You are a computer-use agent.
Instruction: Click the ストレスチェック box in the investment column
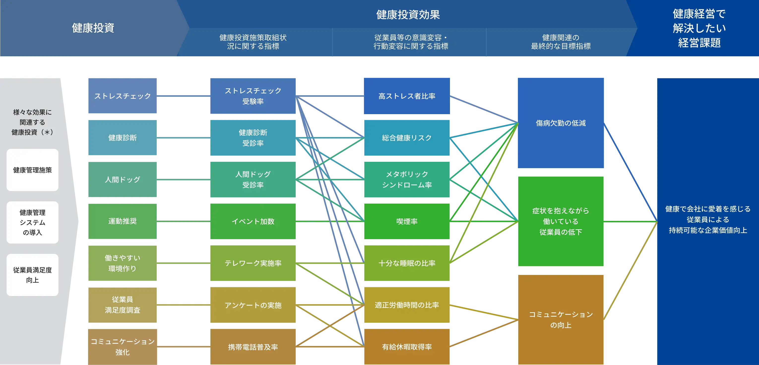pos(122,96)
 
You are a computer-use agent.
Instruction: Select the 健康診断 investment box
pos(122,138)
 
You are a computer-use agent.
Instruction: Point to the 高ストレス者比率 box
pos(407,96)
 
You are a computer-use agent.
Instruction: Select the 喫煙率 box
pos(407,221)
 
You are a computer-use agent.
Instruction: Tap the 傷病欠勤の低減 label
pos(560,123)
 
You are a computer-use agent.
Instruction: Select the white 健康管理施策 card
pos(32,170)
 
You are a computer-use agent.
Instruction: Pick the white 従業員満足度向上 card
pos(32,275)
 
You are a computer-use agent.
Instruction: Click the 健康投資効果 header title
pos(408,15)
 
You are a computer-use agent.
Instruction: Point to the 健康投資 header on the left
pos(93,28)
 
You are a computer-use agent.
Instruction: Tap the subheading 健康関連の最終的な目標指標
pos(560,42)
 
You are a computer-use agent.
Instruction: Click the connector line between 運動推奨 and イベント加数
pos(183,221)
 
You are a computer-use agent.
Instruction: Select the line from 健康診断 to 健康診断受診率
pos(183,138)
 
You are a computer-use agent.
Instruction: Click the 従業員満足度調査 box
pos(122,305)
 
